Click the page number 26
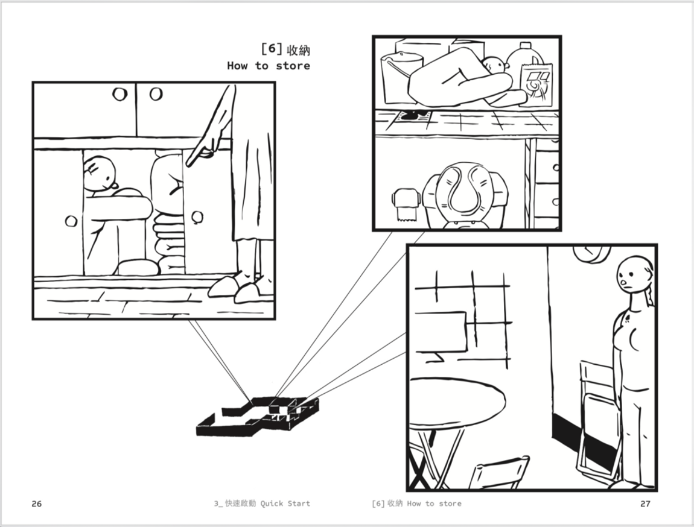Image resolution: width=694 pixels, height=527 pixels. (x=37, y=503)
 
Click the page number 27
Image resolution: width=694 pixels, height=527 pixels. (x=645, y=503)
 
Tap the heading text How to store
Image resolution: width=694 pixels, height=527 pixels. (x=268, y=66)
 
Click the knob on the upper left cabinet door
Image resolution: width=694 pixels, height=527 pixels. (x=119, y=94)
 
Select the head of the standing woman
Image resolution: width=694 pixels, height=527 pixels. (x=632, y=274)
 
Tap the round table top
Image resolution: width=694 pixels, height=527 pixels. (x=456, y=404)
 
